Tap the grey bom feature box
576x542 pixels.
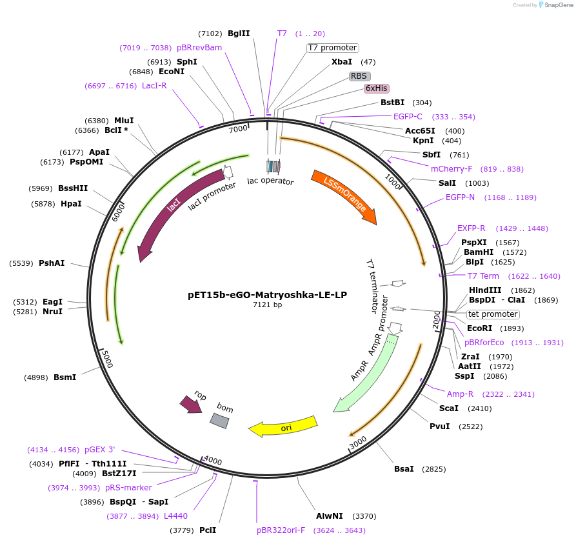coord(219,420)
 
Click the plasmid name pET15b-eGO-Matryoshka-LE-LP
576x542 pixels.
coord(267,295)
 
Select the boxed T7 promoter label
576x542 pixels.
coord(332,48)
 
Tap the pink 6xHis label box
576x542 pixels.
coord(377,88)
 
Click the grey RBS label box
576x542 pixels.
coord(359,76)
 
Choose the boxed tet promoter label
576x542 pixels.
coord(493,314)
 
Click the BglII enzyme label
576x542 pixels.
coord(239,34)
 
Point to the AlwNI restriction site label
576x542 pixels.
coord(330,516)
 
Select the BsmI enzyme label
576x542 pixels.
coord(65,377)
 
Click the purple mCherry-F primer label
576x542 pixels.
coord(452,169)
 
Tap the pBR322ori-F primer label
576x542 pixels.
coord(281,530)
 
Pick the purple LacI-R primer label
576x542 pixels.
coord(154,86)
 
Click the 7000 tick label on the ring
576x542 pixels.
coord(238,128)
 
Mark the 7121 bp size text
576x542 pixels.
coord(267,305)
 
